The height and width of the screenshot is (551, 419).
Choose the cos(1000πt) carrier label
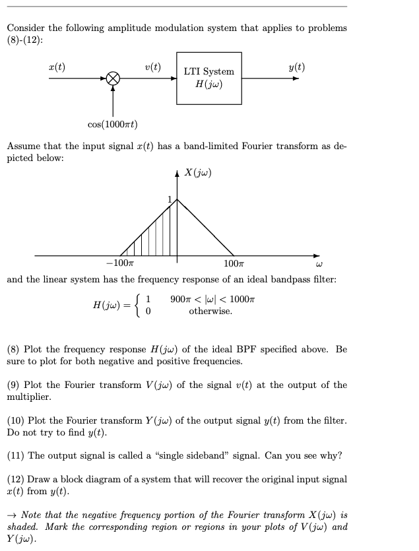112,125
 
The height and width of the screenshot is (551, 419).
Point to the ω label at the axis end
318,265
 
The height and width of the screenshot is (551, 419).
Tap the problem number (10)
16,420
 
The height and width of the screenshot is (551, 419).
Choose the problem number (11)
16,456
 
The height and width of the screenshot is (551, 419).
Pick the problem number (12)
16,480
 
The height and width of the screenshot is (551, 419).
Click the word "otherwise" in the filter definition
210,310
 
